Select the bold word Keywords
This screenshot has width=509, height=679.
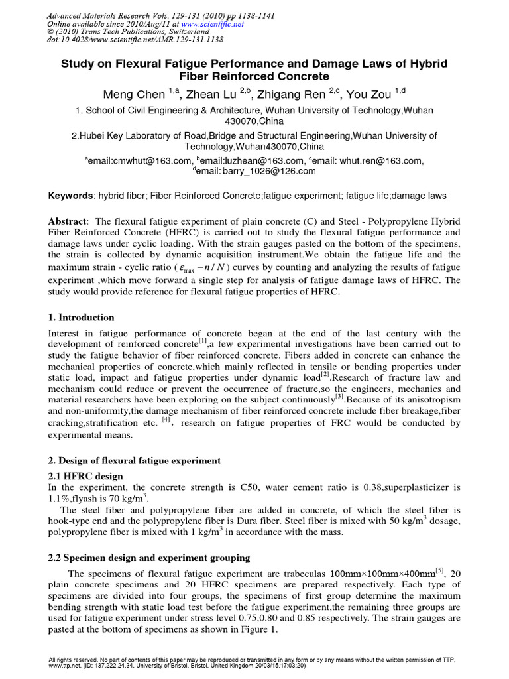72,196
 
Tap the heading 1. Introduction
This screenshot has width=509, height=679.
82,318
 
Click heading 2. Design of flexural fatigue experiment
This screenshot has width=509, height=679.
135,460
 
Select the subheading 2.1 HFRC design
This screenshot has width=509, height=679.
86,476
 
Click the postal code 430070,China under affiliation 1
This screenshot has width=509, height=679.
254,122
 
